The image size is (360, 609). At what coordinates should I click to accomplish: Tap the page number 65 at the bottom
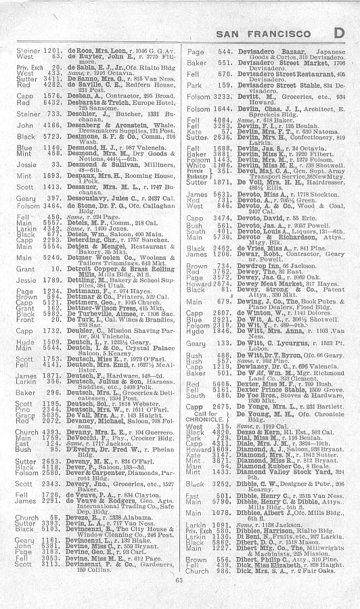tap(180, 597)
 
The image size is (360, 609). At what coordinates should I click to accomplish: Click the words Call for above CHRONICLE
tap(200, 432)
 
